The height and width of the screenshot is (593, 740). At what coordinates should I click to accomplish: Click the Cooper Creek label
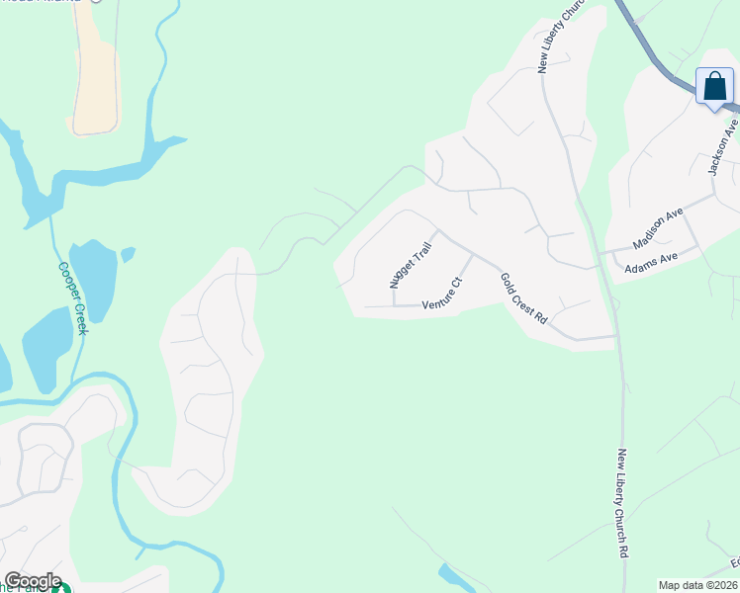(x=72, y=297)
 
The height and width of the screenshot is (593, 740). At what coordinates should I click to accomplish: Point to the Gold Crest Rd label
(x=523, y=299)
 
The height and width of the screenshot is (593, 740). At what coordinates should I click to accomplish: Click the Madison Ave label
(x=659, y=228)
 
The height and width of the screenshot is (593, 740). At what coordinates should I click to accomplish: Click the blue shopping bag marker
(x=714, y=87)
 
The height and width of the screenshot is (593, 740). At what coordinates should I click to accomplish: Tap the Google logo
(x=33, y=581)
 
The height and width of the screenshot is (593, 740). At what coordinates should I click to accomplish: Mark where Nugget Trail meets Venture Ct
(x=393, y=305)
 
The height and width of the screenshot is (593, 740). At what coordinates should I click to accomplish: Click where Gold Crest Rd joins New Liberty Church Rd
(x=614, y=337)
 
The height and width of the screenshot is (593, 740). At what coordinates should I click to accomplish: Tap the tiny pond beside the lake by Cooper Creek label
(x=127, y=255)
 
